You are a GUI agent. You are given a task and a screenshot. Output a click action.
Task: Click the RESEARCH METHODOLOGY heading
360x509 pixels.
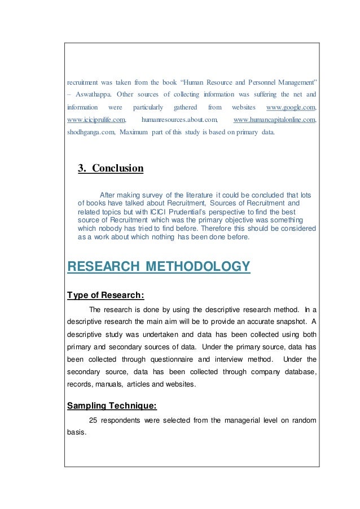click(x=158, y=266)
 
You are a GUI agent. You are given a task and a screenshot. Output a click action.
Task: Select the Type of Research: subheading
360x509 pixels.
click(x=106, y=294)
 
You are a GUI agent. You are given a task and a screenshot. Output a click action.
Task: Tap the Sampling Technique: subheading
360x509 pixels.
click(x=112, y=405)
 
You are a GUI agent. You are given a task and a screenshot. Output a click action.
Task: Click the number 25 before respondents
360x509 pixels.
click(x=94, y=420)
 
